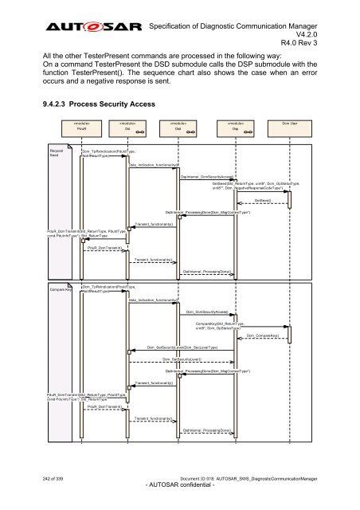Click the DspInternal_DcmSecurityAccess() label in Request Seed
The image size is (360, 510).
(x=206, y=175)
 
